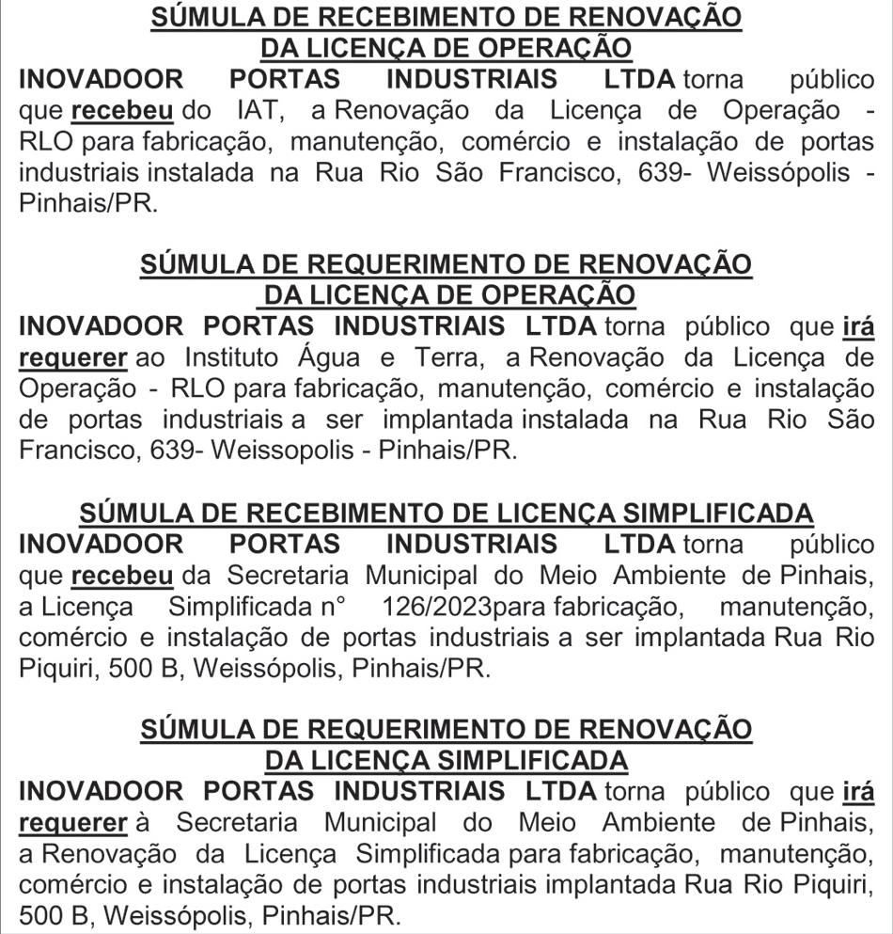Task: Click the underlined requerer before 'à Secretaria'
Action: tap(72, 823)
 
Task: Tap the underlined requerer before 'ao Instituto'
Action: tap(72, 358)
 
